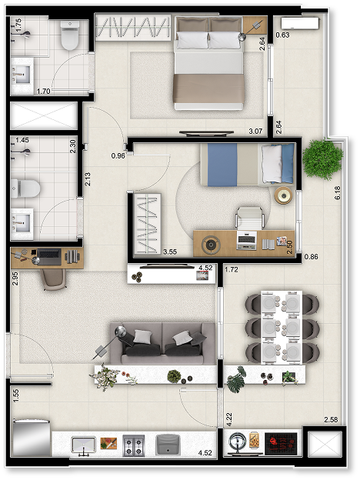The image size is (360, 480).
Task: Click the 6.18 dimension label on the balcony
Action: [338, 193]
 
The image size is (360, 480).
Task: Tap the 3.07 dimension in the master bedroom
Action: [255, 131]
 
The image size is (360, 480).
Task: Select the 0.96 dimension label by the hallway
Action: [118, 156]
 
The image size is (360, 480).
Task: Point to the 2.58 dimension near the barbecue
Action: [331, 419]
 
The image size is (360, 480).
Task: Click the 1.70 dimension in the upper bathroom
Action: [44, 92]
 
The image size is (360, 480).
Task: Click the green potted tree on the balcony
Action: [322, 159]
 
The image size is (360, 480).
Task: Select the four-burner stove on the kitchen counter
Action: [134, 445]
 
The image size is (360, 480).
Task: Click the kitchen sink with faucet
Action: [84, 445]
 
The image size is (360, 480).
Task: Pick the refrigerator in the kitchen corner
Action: [31, 438]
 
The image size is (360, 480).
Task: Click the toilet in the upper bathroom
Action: [70, 35]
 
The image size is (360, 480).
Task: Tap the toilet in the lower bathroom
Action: [25, 188]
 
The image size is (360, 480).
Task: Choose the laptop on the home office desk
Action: [49, 256]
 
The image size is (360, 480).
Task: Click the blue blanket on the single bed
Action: [222, 165]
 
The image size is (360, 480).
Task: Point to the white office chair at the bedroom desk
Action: [250, 218]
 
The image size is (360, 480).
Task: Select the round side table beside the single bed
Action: [284, 195]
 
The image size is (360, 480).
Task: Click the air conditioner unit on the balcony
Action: [300, 23]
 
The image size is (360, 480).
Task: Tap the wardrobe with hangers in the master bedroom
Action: [132, 27]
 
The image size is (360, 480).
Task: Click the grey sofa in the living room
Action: [162, 343]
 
